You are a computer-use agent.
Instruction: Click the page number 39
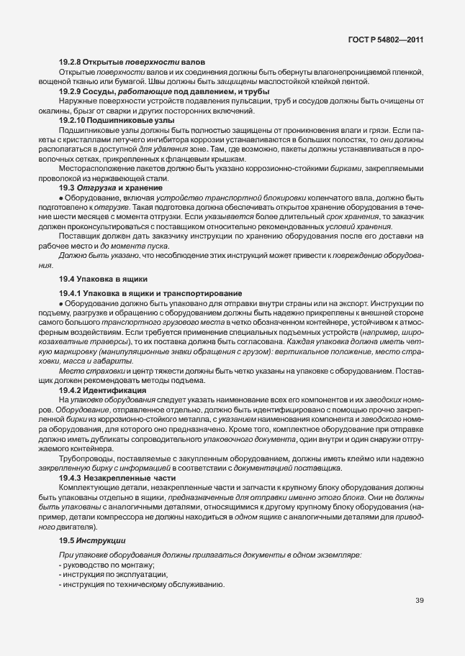pyautogui.click(x=419, y=601)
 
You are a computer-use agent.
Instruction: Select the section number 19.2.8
pyautogui.click(x=71, y=62)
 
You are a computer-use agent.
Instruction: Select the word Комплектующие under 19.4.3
pyautogui.click(x=89, y=487)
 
